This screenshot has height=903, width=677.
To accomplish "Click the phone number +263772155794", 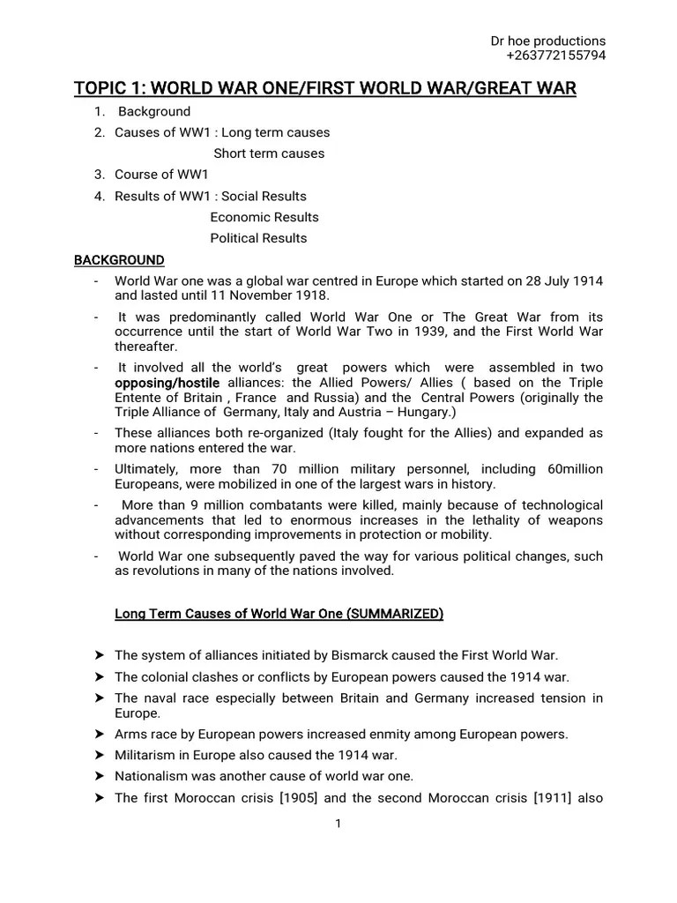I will pos(555,56).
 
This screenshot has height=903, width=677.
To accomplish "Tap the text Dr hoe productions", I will pos(547,41).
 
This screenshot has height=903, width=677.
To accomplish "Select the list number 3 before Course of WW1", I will pos(100,175).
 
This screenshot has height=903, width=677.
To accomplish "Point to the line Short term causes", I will pos(269,153).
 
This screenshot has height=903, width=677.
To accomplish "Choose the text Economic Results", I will pos(264,217).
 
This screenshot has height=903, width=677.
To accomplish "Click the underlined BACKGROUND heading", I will pos(119,260).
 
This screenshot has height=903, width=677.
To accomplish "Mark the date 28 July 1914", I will pos(556,280).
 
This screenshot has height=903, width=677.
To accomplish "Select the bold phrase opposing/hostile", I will pos(167,383).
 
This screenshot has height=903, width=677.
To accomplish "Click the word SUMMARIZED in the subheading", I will pos(396,614).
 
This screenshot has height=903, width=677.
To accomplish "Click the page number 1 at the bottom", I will pos(338,824).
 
